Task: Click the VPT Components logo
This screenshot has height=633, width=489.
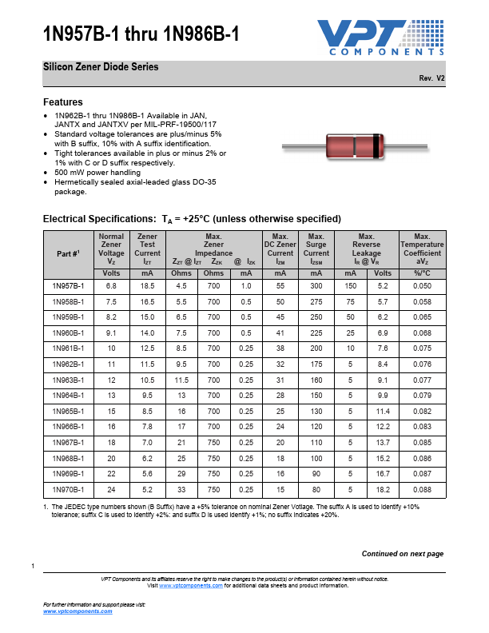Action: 379,38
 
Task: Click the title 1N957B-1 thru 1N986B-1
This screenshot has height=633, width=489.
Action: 140,34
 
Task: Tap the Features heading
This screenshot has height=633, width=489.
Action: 62,102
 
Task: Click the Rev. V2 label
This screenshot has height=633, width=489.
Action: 431,78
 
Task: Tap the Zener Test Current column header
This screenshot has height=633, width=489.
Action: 147,249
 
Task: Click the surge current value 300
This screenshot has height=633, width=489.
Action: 316,285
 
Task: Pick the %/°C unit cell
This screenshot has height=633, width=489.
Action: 422,273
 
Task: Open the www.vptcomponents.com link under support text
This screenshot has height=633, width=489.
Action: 78,611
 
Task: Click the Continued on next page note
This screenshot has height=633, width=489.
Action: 402,554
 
